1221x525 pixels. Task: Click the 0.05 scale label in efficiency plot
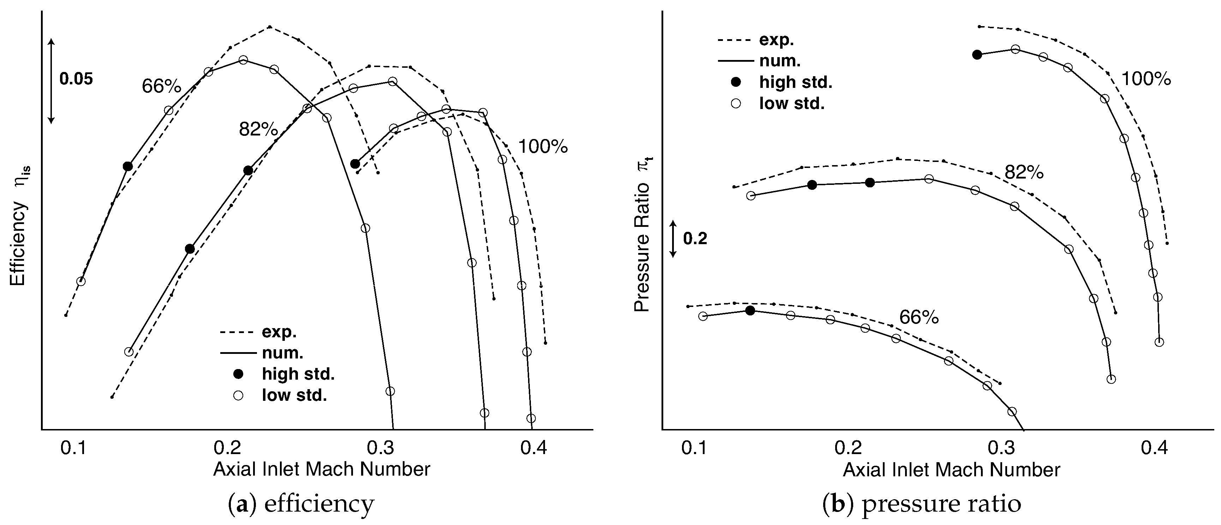(76, 79)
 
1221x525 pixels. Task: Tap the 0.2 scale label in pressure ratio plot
(695, 239)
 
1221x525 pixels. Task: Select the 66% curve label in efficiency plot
(161, 86)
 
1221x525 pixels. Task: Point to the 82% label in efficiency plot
(258, 129)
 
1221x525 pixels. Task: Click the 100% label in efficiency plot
(543, 147)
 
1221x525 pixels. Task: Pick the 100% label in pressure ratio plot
(1146, 79)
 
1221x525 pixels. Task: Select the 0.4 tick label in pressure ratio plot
(1154, 447)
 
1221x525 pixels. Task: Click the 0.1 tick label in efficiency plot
(73, 447)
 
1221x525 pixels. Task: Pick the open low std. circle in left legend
(238, 395)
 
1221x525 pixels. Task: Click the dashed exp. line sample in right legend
(736, 40)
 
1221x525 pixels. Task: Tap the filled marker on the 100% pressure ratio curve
(977, 54)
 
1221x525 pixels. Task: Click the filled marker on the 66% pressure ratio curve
(750, 310)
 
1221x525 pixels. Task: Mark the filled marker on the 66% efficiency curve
(127, 166)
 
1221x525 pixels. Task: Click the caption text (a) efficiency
(301, 504)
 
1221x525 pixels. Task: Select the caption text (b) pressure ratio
(921, 504)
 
